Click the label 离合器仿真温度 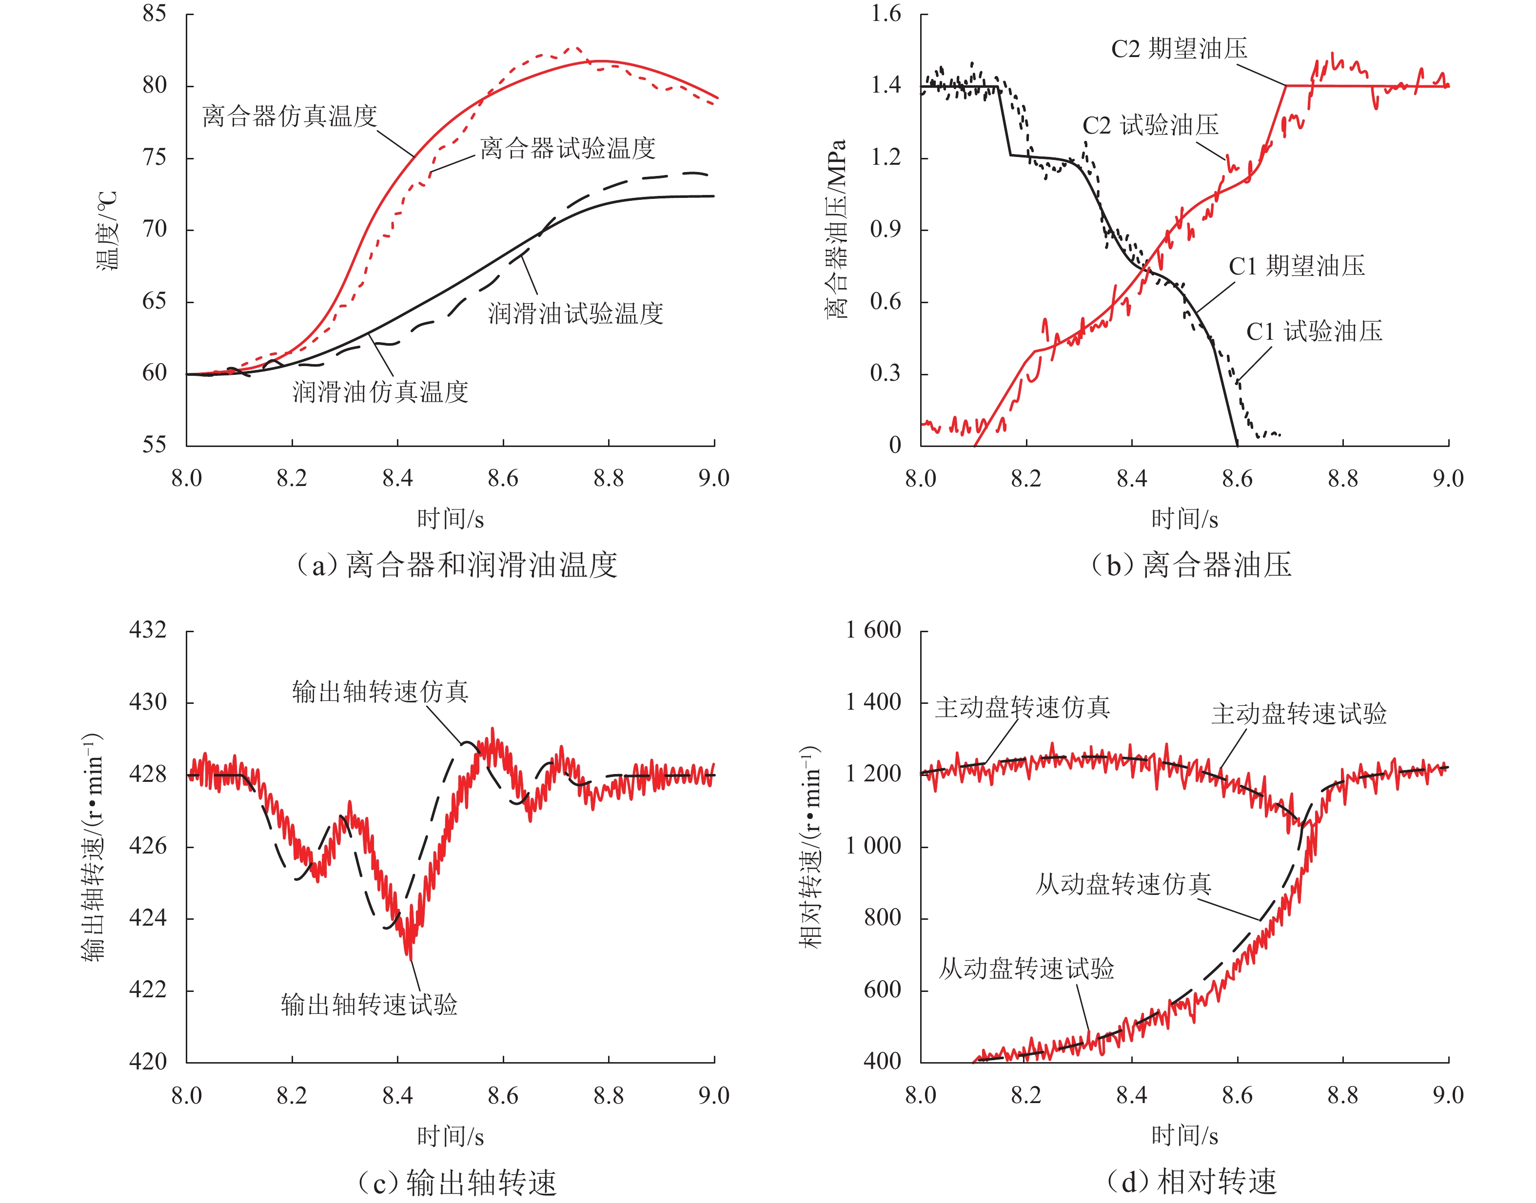point(290,116)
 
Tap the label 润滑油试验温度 point(576,313)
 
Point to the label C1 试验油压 point(1314,331)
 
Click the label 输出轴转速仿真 point(380,692)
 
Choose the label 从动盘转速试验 point(1026,969)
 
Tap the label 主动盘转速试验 point(1299,714)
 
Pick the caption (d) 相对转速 point(1191,1182)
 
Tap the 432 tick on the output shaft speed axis point(148,630)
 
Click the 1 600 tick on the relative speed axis point(874,630)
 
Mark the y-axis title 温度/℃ point(107,231)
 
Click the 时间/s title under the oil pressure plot point(1184,519)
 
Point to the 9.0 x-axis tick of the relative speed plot point(1448,1095)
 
